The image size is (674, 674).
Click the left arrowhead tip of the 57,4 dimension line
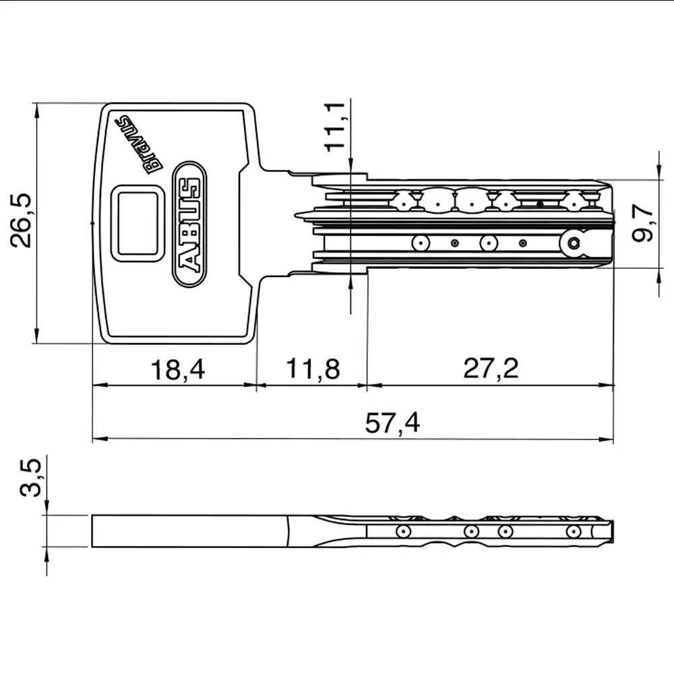coord(93,439)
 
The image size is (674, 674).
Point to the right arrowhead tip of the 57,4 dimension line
coord(613,439)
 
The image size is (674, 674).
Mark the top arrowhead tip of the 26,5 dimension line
coord(36,104)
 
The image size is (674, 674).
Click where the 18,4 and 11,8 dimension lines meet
coord(257,385)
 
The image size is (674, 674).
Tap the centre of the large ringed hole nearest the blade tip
coord(574,244)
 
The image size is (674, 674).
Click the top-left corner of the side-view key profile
coord(92,515)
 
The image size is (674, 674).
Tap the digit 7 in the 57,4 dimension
coord(386,423)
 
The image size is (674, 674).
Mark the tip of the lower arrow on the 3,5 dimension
coord(47,547)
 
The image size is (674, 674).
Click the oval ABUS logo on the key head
coord(189,224)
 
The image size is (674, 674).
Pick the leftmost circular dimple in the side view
coord(403,531)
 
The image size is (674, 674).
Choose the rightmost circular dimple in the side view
coord(574,531)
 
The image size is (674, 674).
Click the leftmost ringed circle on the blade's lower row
coord(421,243)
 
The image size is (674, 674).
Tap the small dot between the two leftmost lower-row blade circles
coord(454,243)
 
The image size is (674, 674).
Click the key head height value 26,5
coord(21,220)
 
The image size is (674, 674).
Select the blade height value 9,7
coord(643,222)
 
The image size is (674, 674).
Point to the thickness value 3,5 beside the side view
coord(30,478)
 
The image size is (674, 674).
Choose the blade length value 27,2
coord(491,369)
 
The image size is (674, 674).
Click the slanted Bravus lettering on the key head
coord(138,144)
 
